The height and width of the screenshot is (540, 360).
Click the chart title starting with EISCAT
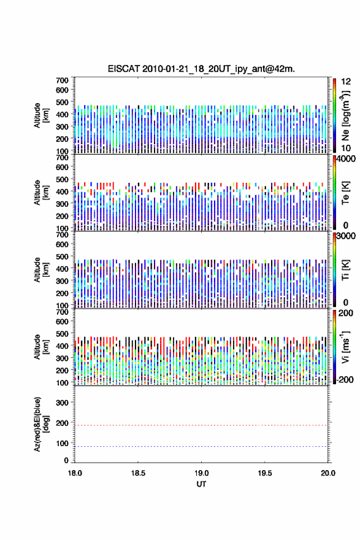point(201,69)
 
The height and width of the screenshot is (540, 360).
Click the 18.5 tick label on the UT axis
point(138,473)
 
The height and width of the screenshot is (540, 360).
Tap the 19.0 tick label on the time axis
point(201,473)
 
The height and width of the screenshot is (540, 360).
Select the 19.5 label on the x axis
point(265,473)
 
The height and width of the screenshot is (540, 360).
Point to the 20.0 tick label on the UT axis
point(328,473)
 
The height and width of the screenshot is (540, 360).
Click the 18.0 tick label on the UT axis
point(75,473)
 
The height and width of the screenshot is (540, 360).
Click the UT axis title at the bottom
point(201,484)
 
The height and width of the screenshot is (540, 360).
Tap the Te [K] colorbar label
point(345,193)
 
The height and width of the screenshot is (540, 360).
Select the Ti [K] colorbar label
point(345,269)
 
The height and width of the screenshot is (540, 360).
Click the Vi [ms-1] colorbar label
point(345,347)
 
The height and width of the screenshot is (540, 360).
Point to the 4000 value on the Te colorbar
point(346,159)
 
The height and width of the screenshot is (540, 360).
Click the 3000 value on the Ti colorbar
point(346,236)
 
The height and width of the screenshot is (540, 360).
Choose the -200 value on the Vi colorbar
point(345,379)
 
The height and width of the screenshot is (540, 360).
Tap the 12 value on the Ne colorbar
point(346,82)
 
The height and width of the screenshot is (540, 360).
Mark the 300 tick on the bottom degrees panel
point(62,403)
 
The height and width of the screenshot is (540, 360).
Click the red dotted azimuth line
point(201,425)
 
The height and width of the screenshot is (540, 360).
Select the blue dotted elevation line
point(201,446)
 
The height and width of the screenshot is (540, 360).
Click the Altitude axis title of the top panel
point(41,115)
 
